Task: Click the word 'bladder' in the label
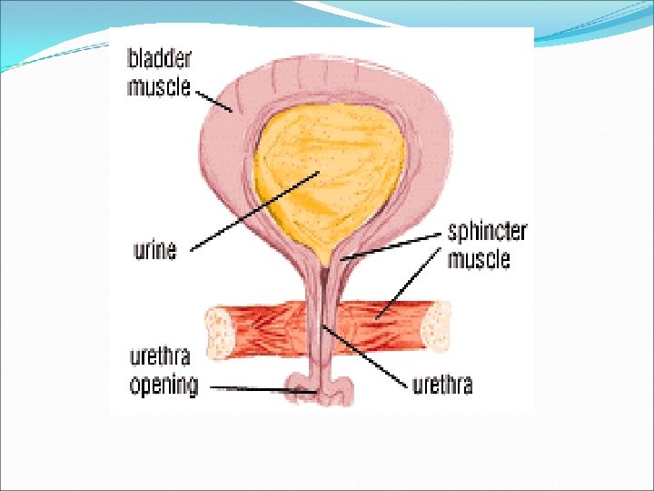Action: [159, 60]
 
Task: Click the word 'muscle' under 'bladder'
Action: [159, 86]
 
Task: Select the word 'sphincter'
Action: [487, 232]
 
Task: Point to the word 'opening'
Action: [163, 385]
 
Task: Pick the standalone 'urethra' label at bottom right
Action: [442, 385]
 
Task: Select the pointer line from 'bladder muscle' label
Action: [214, 100]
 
